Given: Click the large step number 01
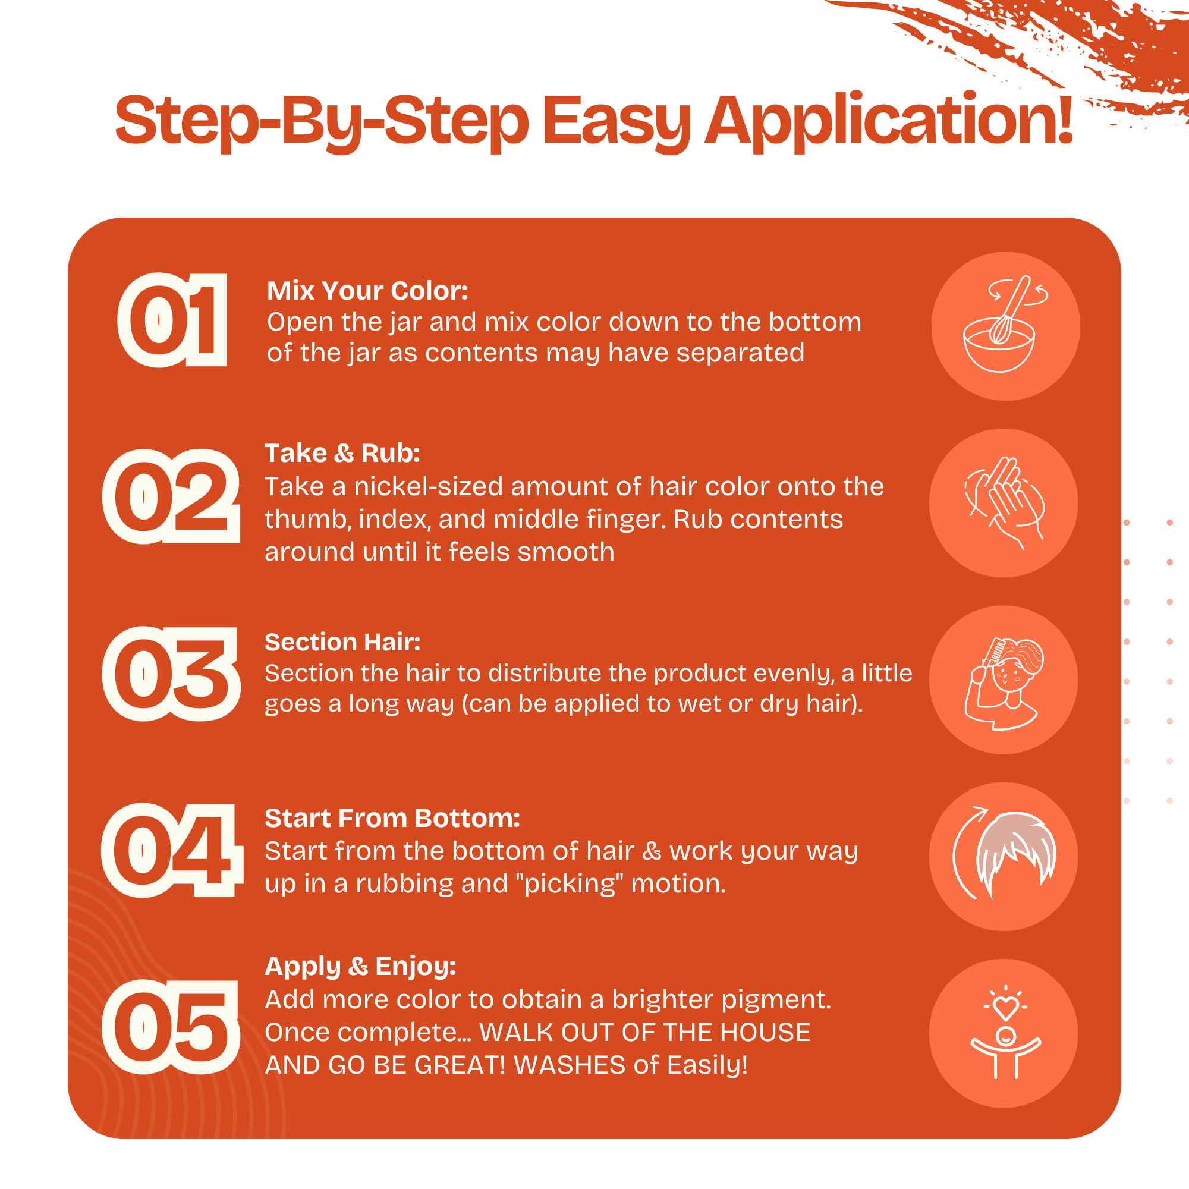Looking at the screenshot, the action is [x=172, y=320].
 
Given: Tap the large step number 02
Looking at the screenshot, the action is [x=171, y=496].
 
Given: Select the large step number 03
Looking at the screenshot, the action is [x=171, y=674].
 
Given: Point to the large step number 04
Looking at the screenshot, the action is [x=172, y=851].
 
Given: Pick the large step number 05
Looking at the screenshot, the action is [x=171, y=1027].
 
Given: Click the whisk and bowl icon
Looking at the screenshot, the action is [x=1005, y=325].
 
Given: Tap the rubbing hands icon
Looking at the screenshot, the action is [x=1004, y=503].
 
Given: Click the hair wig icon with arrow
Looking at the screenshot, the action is [x=1004, y=854].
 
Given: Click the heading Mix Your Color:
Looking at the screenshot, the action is [x=367, y=291].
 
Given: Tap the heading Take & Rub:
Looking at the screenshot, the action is [x=342, y=453].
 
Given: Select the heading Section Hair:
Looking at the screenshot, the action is [x=343, y=642].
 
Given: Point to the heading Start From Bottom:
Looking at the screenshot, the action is [x=392, y=819].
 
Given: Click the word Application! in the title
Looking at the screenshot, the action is [x=889, y=121].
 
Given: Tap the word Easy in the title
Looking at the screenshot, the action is [x=616, y=122].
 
